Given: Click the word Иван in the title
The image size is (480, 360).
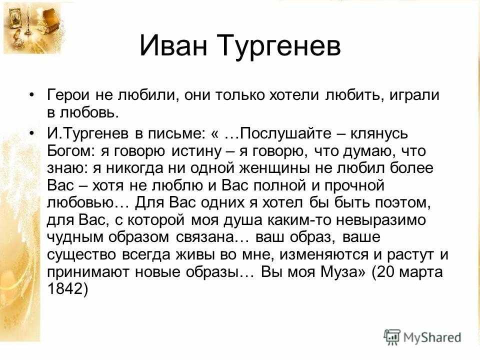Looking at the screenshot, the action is [173, 45].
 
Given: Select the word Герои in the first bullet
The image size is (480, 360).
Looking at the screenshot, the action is [68, 95].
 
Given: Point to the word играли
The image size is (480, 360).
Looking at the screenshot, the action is [414, 95].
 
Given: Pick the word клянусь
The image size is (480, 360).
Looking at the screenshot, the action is [379, 134].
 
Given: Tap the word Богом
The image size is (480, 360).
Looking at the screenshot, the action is [71, 151].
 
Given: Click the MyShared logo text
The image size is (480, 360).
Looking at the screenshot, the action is [432, 337].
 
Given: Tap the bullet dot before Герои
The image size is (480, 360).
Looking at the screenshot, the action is [31, 95].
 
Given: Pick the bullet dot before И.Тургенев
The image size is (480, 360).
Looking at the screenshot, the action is [31, 134].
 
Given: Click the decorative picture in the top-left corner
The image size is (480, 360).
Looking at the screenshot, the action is [32, 27].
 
